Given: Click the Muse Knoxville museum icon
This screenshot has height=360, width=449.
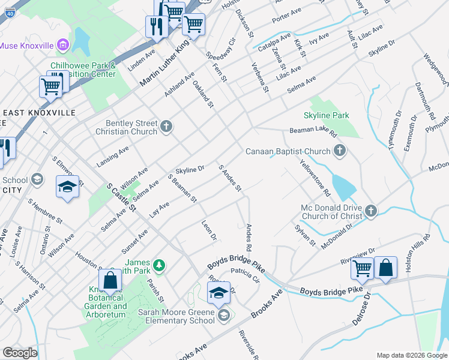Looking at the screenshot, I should tap(62, 46).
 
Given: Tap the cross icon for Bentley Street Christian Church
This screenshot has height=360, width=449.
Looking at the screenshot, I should tap(167, 127).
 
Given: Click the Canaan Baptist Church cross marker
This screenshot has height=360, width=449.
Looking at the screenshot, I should tap(340, 151).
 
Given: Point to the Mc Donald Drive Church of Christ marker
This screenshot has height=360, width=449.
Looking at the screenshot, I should tap(370, 210).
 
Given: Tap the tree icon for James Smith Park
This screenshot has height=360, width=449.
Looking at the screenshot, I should tap(159, 264).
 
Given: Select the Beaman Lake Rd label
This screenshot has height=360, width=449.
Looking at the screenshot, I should tap(313, 130).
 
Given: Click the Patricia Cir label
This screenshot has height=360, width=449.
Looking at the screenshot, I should tap(244, 275).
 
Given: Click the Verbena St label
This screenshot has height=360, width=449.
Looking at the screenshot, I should tap(260, 78).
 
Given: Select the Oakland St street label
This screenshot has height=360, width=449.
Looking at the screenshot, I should tap(203, 95).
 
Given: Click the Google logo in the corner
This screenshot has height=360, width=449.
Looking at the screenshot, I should tap(19, 353).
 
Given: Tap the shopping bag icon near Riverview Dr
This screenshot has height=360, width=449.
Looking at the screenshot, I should tap(385, 268).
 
